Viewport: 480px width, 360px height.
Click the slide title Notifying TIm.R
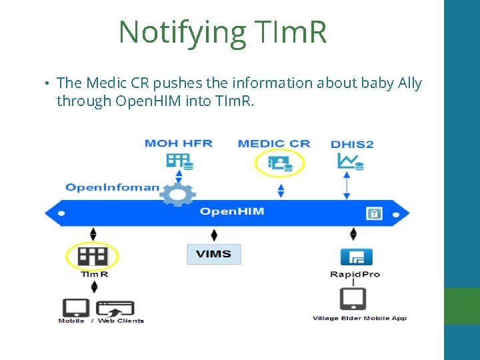point(223,31)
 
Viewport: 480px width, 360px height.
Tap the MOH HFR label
point(178,143)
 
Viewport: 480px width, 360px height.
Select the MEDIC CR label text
point(273,143)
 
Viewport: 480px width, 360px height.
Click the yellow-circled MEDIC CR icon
point(280,163)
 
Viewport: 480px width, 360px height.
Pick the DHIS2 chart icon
point(349,162)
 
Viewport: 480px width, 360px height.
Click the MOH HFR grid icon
point(178,161)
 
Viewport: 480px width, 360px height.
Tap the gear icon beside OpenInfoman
point(178,194)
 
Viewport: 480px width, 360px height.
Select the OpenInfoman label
point(112,187)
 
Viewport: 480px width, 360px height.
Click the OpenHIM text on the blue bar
point(232,212)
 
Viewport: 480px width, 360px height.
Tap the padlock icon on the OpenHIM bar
point(374,213)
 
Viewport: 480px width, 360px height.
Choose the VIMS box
point(213,254)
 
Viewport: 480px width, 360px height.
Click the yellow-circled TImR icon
point(92,256)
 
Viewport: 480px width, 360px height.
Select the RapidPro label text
point(355,274)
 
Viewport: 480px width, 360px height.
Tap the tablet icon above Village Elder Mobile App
point(353,298)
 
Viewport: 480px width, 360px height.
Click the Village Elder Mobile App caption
point(359,319)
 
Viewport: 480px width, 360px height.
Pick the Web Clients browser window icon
point(115,309)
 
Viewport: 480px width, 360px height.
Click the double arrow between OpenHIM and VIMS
point(213,235)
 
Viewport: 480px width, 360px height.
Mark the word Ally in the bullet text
point(409,83)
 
